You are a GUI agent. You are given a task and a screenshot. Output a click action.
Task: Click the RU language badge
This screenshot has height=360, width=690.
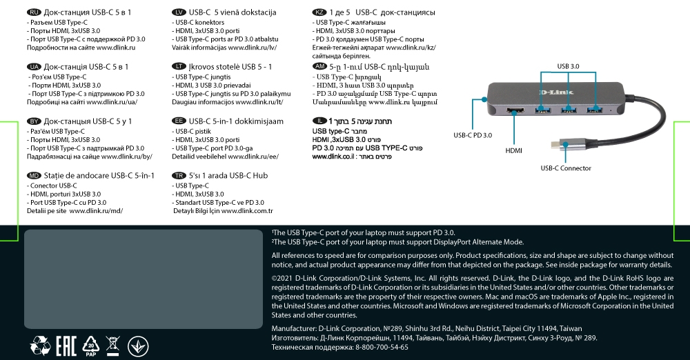[32, 13]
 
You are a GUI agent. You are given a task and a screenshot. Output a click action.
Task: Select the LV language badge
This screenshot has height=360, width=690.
[179, 13]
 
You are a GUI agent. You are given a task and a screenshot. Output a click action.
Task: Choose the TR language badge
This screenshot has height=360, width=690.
[179, 176]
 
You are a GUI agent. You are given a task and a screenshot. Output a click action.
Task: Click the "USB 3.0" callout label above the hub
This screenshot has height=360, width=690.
[568, 66]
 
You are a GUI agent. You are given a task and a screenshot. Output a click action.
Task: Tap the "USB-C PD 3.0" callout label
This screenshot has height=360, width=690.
[473, 135]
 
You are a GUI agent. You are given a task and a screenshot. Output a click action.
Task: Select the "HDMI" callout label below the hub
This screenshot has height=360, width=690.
[513, 150]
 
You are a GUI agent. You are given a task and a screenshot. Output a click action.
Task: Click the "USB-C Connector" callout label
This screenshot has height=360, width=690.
[566, 168]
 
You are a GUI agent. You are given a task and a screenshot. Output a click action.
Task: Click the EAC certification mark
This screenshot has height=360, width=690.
[66, 344]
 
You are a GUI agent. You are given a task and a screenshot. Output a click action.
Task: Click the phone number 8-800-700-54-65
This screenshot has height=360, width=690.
[382, 348]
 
